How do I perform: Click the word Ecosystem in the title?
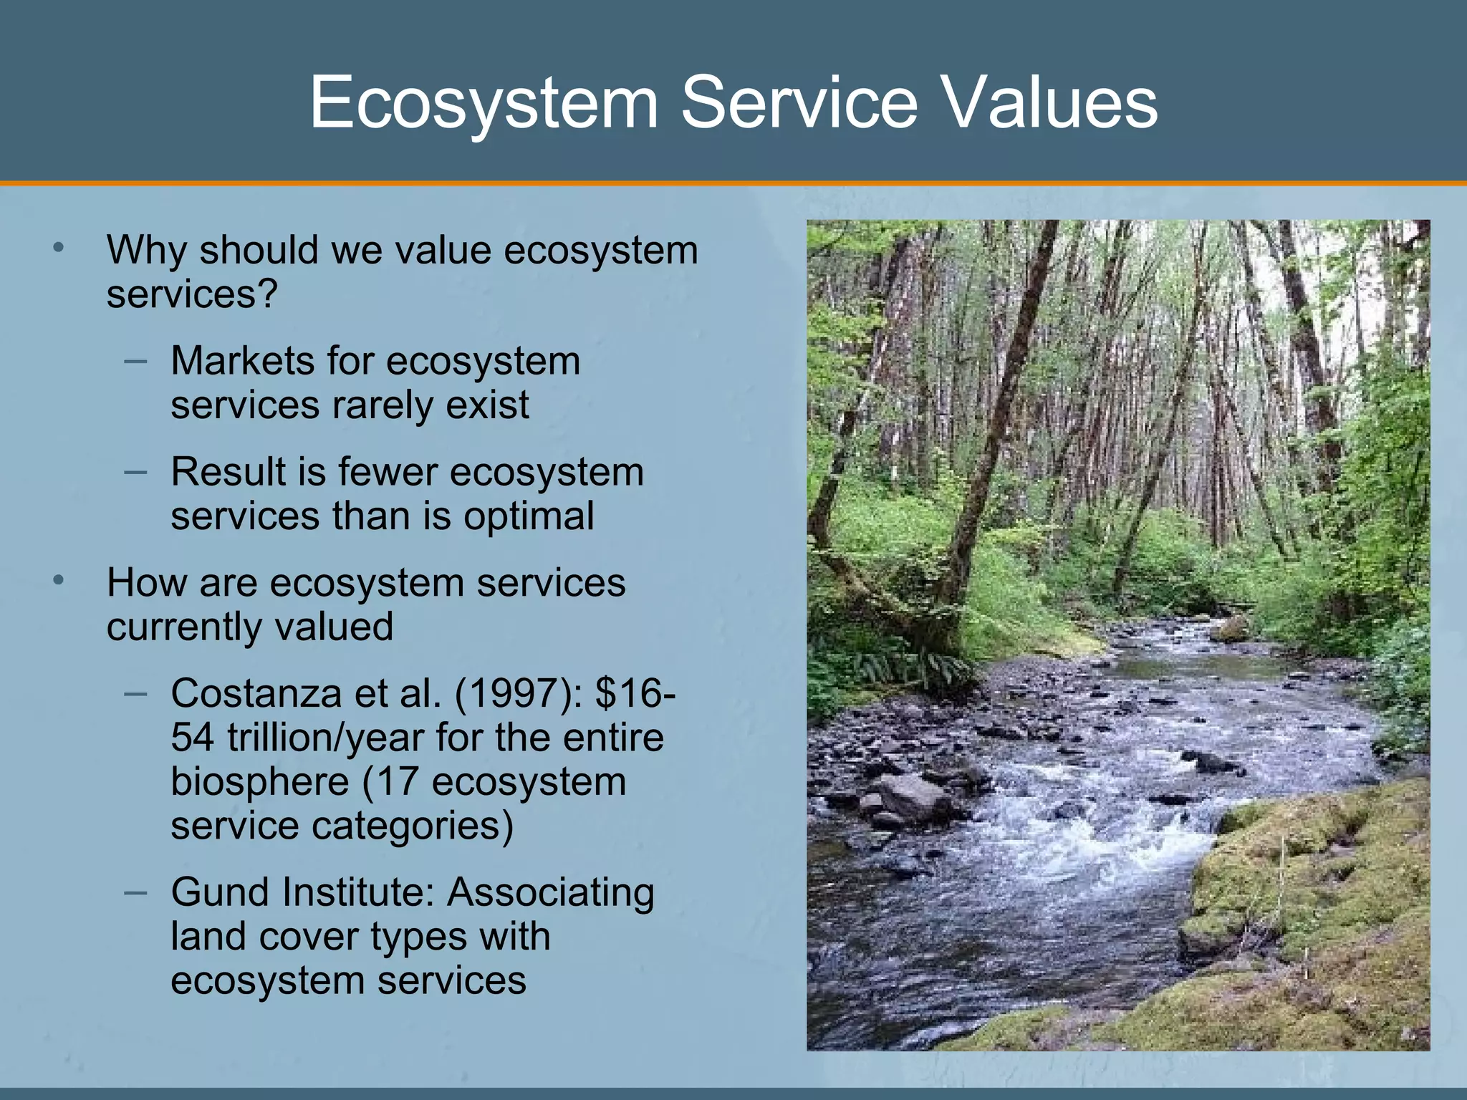(x=484, y=104)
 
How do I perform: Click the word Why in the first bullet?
(x=146, y=251)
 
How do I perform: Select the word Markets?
(x=242, y=361)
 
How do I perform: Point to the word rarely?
(x=382, y=405)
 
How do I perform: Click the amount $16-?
(x=635, y=694)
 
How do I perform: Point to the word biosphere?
(x=259, y=782)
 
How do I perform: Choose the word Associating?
(x=551, y=893)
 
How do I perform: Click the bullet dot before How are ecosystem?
(x=59, y=579)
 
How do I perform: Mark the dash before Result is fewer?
(x=135, y=471)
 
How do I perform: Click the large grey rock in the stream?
(x=913, y=796)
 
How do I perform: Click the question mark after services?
(x=269, y=294)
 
